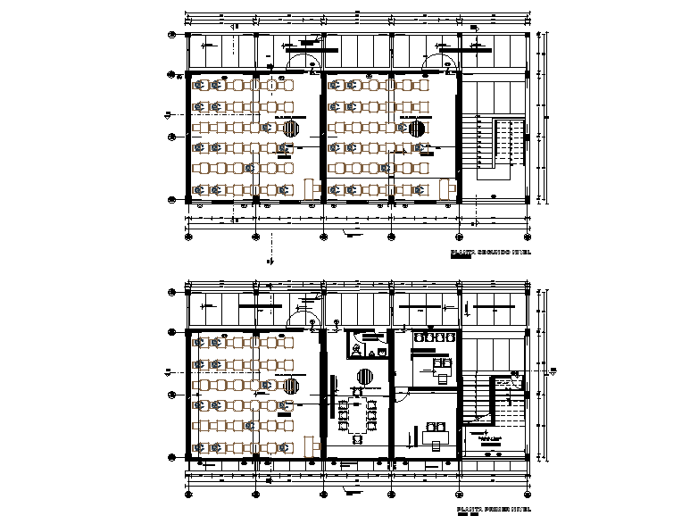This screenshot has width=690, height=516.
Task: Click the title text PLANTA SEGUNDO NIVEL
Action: pyautogui.click(x=490, y=254)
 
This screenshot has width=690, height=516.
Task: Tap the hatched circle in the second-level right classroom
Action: pyautogui.click(x=417, y=129)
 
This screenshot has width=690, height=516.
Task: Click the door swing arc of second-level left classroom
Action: pyautogui.click(x=303, y=62)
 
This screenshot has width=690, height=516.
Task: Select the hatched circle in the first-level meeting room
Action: pyautogui.click(x=365, y=377)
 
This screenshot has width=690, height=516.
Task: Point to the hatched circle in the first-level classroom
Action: pyautogui.click(x=292, y=386)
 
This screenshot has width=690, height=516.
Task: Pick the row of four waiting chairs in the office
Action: pyautogui.click(x=435, y=338)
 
